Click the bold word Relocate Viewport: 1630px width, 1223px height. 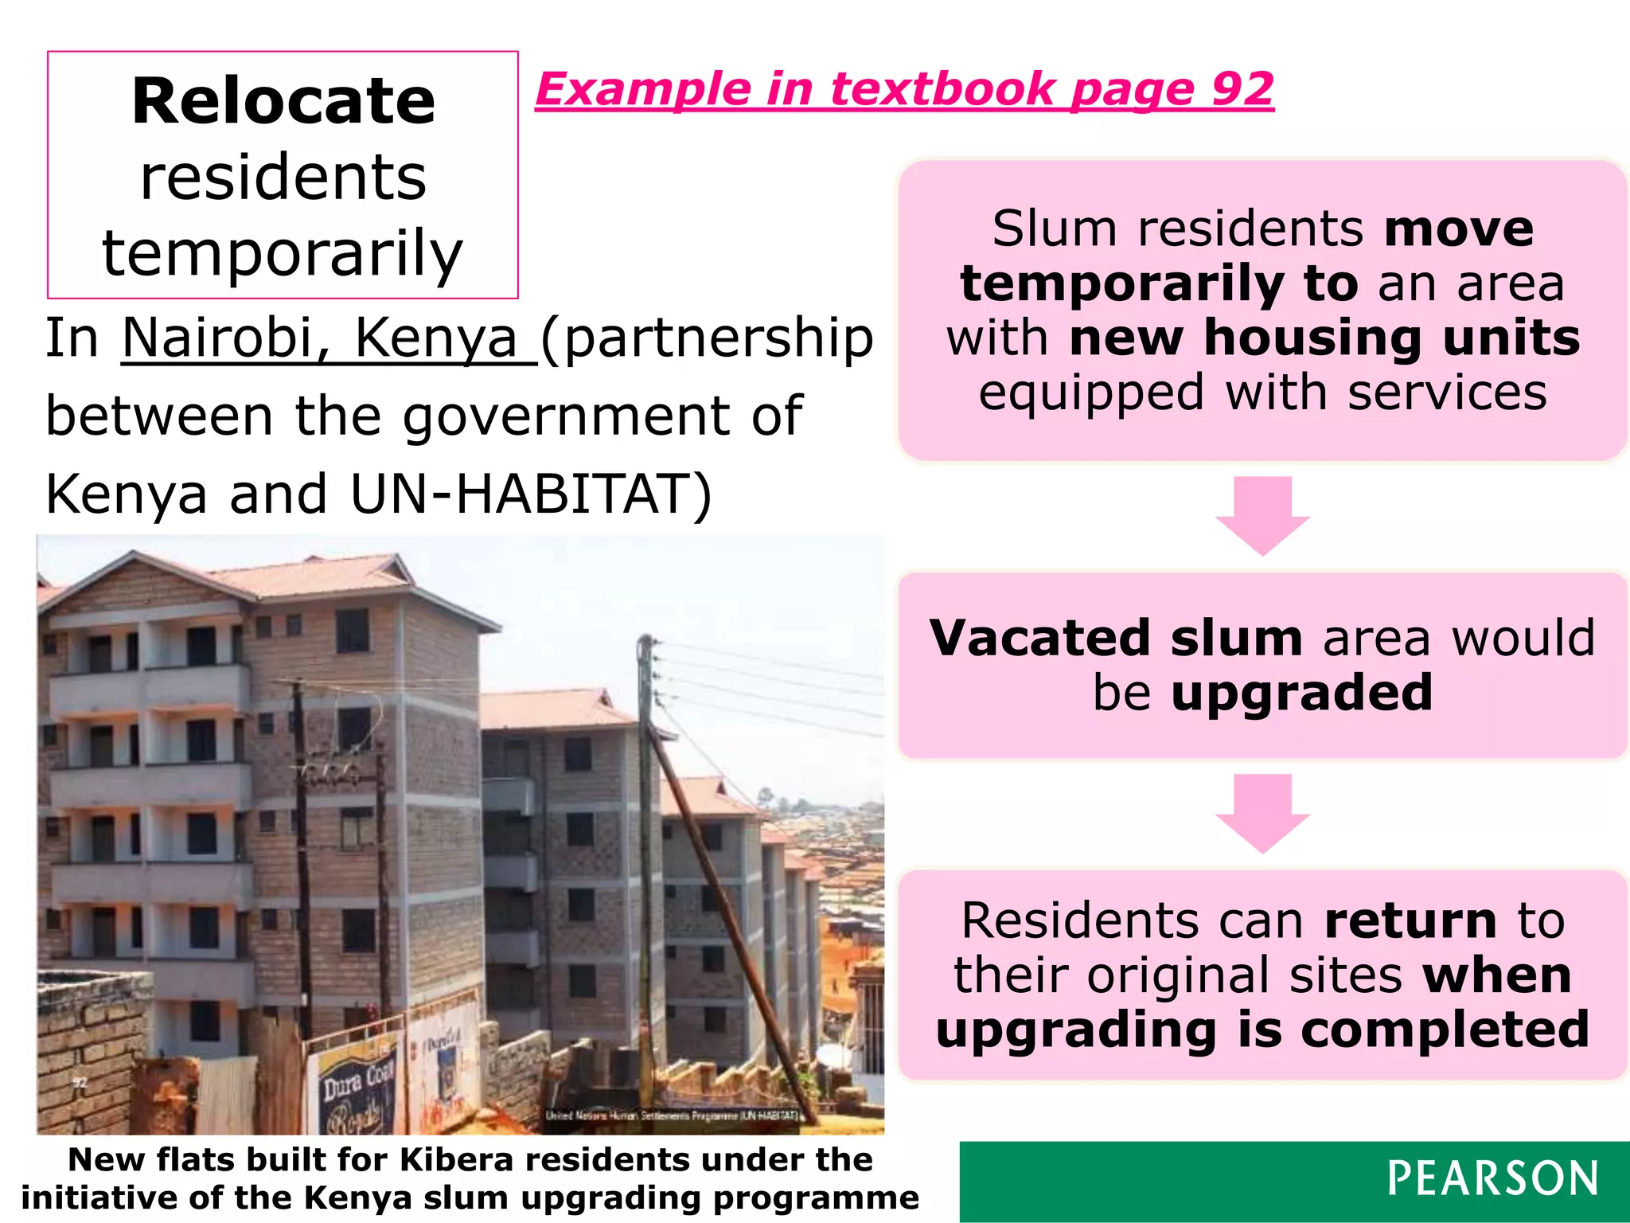pyautogui.click(x=283, y=101)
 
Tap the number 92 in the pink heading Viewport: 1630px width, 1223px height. pyautogui.click(x=1242, y=88)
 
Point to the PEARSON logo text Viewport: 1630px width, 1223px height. pyautogui.click(x=1492, y=1179)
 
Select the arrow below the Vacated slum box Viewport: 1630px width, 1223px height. pyautogui.click(x=1262, y=813)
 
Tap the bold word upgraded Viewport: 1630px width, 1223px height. pyautogui.click(x=1302, y=693)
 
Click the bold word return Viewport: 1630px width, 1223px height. pyautogui.click(x=1411, y=920)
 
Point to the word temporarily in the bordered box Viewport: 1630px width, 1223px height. pyautogui.click(x=283, y=253)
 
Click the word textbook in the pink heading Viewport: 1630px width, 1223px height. pyautogui.click(x=942, y=88)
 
